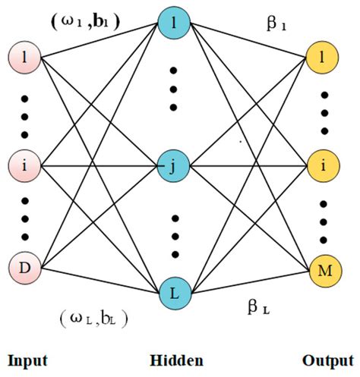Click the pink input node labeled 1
(x=23, y=58)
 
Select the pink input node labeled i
(x=23, y=163)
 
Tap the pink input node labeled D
(x=23, y=269)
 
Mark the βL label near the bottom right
(x=258, y=307)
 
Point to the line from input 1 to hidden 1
(x=99, y=40)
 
